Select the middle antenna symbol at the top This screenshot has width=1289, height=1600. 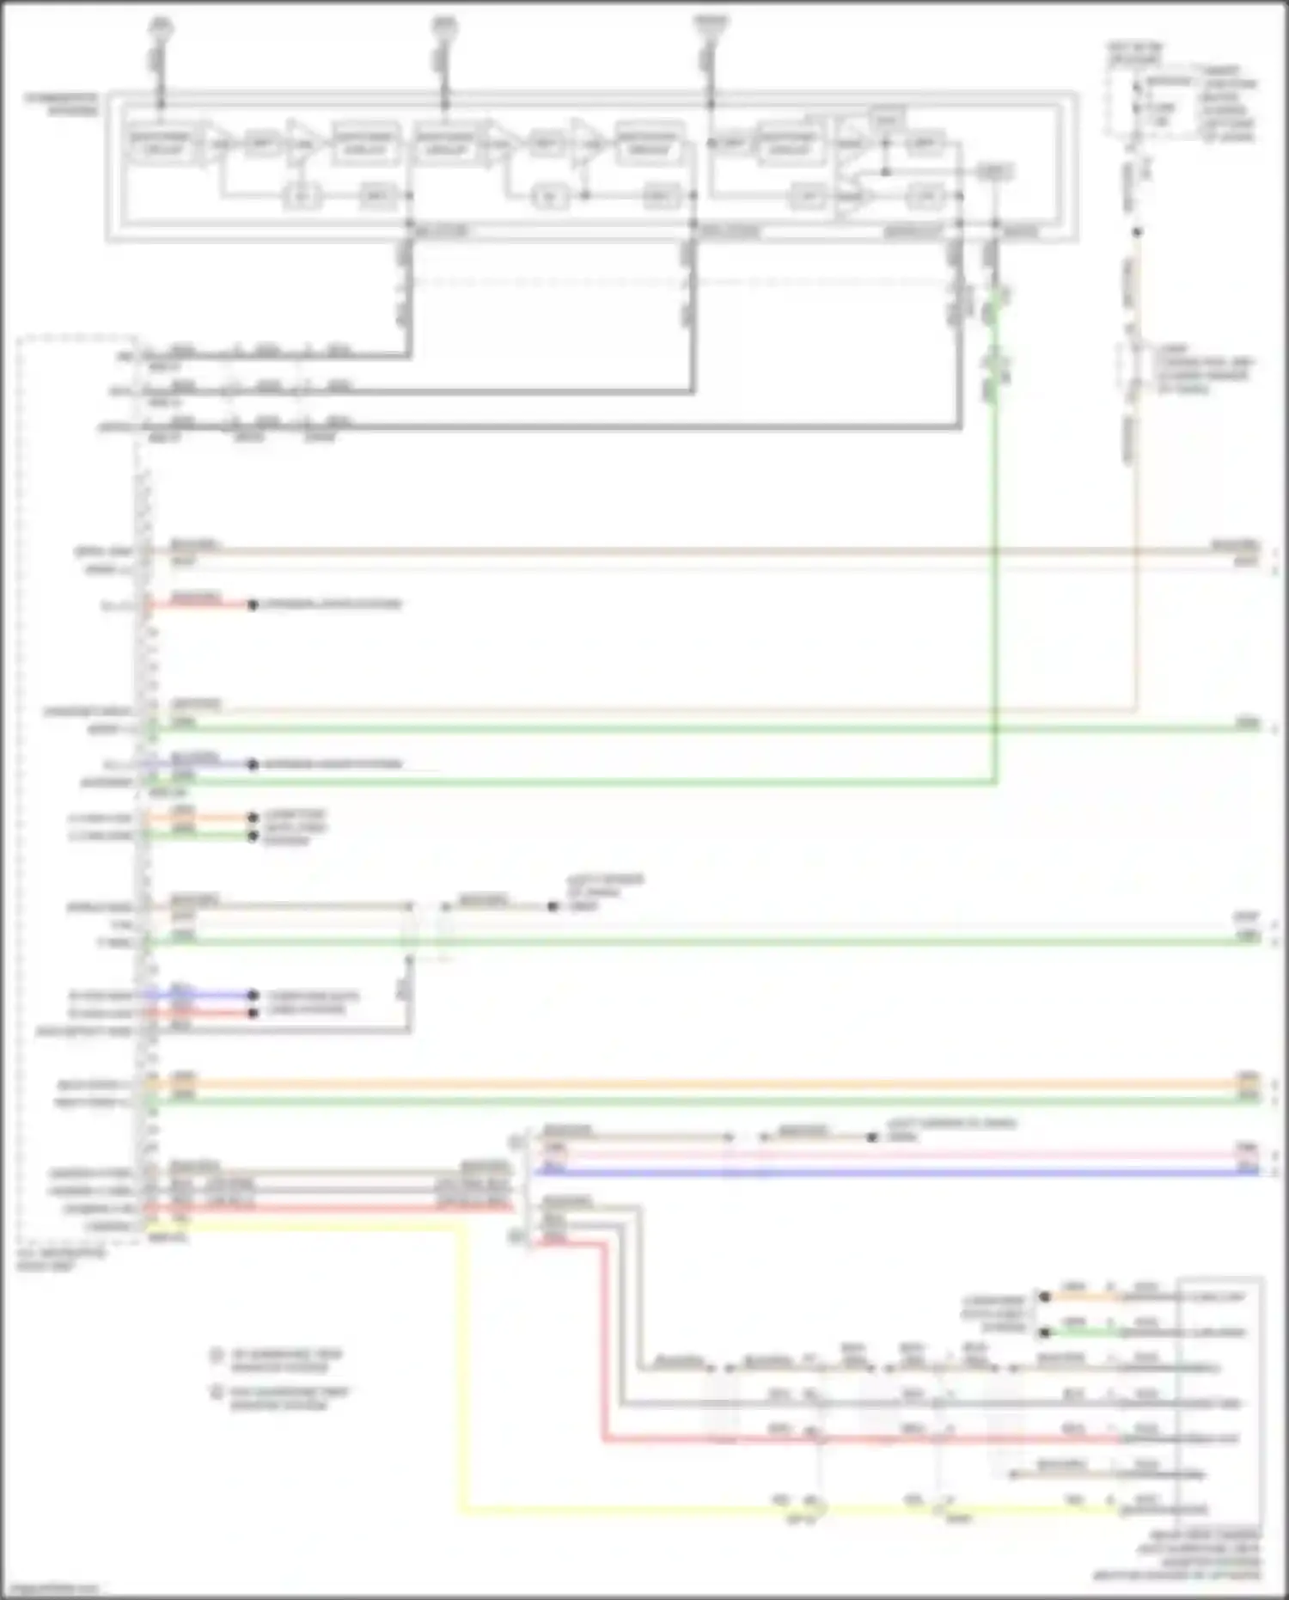coord(444,28)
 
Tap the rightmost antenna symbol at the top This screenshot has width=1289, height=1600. coord(711,26)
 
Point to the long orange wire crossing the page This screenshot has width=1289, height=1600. coord(687,1085)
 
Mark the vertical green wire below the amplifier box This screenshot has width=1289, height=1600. coord(996,602)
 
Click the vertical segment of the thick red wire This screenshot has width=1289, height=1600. coord(605,1341)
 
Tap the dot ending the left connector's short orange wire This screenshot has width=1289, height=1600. coord(253,818)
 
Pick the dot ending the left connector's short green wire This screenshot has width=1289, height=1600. coord(253,836)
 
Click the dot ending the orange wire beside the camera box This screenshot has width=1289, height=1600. coord(1045,1297)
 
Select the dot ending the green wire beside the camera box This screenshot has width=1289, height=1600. coord(1045,1333)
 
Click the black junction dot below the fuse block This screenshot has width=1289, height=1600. coord(1136,232)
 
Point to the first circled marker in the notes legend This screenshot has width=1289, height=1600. coord(217,1356)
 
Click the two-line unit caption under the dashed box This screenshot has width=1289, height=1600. coord(60,1260)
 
